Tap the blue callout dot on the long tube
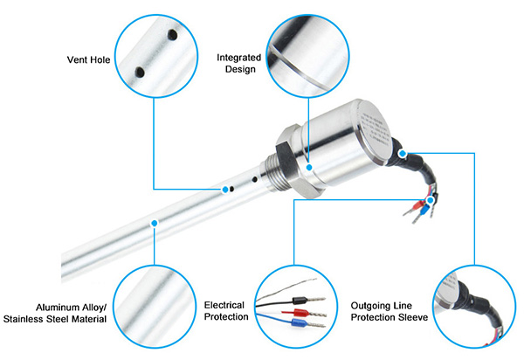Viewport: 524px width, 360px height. [154, 224]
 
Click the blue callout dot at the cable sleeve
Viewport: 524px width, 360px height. [402, 154]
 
